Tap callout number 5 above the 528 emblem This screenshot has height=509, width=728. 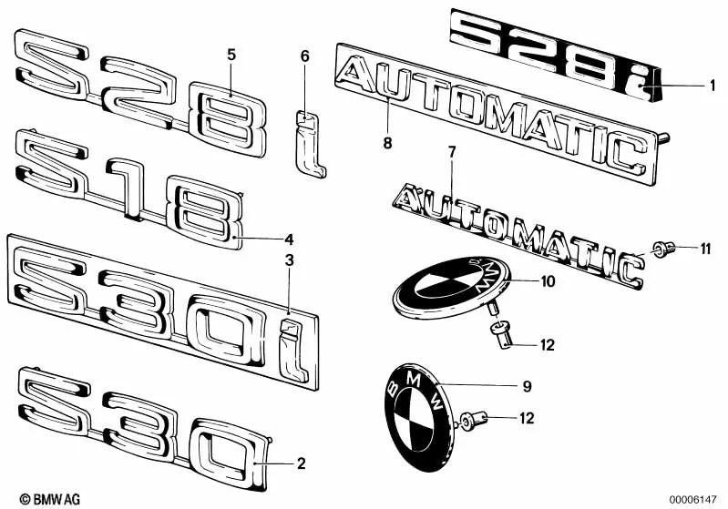click(231, 55)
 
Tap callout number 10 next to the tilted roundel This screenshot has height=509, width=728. click(547, 282)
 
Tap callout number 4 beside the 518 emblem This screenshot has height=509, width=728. click(289, 240)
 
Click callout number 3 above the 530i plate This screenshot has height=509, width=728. click(289, 260)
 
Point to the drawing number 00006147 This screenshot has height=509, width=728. click(692, 499)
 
